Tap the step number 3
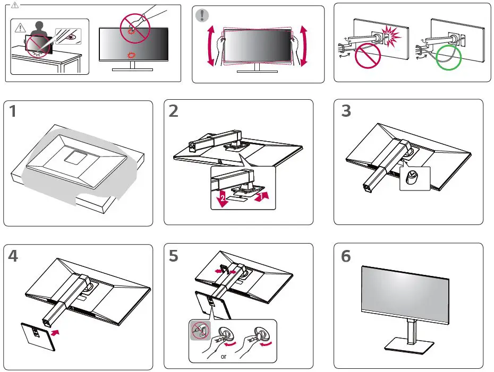click(346, 111)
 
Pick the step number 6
click(346, 256)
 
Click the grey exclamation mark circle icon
click(202, 15)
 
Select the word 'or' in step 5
click(224, 356)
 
